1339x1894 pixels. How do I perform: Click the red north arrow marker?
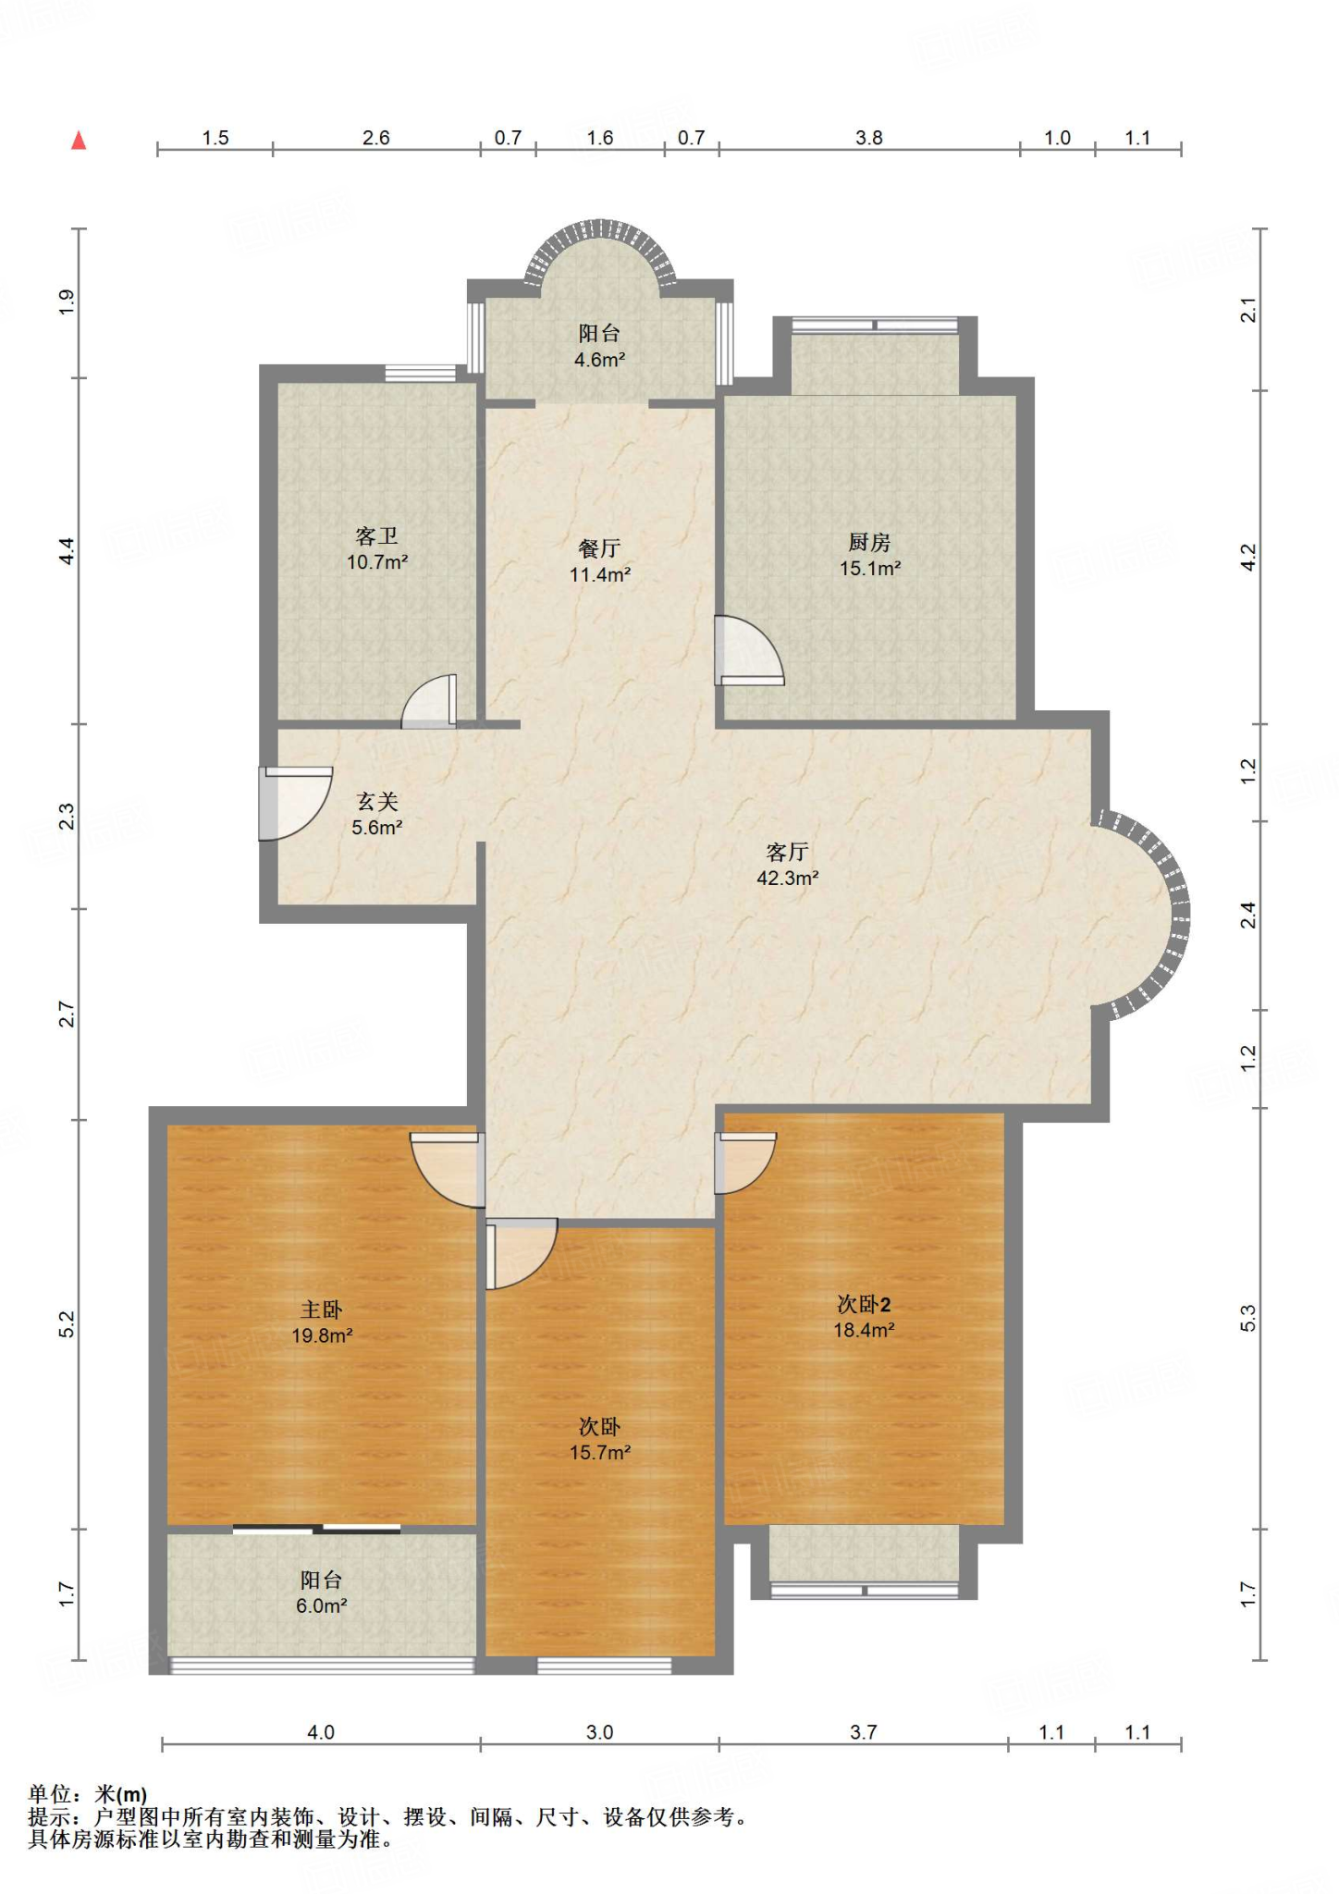click(80, 141)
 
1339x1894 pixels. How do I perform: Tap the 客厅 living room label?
click(787, 852)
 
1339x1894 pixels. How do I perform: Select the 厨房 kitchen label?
click(869, 543)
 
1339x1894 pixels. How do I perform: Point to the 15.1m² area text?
click(870, 569)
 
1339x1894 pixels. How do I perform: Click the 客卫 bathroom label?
click(377, 536)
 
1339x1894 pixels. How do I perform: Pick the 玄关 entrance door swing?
click(295, 803)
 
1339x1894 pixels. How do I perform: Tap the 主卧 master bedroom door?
click(448, 1169)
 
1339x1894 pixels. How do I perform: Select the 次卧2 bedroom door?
click(744, 1162)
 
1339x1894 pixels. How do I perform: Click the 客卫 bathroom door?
click(429, 701)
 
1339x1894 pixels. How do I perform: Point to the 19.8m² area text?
click(322, 1335)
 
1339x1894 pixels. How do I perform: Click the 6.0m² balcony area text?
click(322, 1605)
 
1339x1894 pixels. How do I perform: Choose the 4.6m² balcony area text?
click(600, 360)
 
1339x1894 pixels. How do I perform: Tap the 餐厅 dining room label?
click(599, 548)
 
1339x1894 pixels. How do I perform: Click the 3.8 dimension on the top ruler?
click(869, 138)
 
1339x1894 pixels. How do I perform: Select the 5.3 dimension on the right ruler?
click(1248, 1318)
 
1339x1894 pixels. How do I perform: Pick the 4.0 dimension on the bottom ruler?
click(321, 1732)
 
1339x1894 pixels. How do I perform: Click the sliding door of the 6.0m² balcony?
click(316, 1528)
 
